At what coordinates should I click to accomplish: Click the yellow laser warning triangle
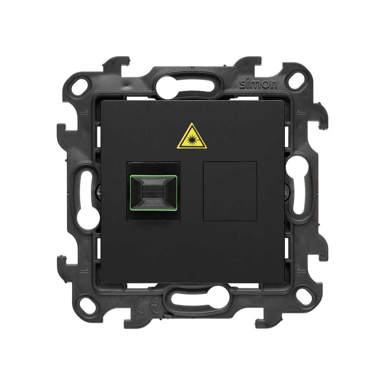pos(192,137)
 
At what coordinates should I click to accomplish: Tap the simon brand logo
pos(258,85)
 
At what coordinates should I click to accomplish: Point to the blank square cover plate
pos(230,191)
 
